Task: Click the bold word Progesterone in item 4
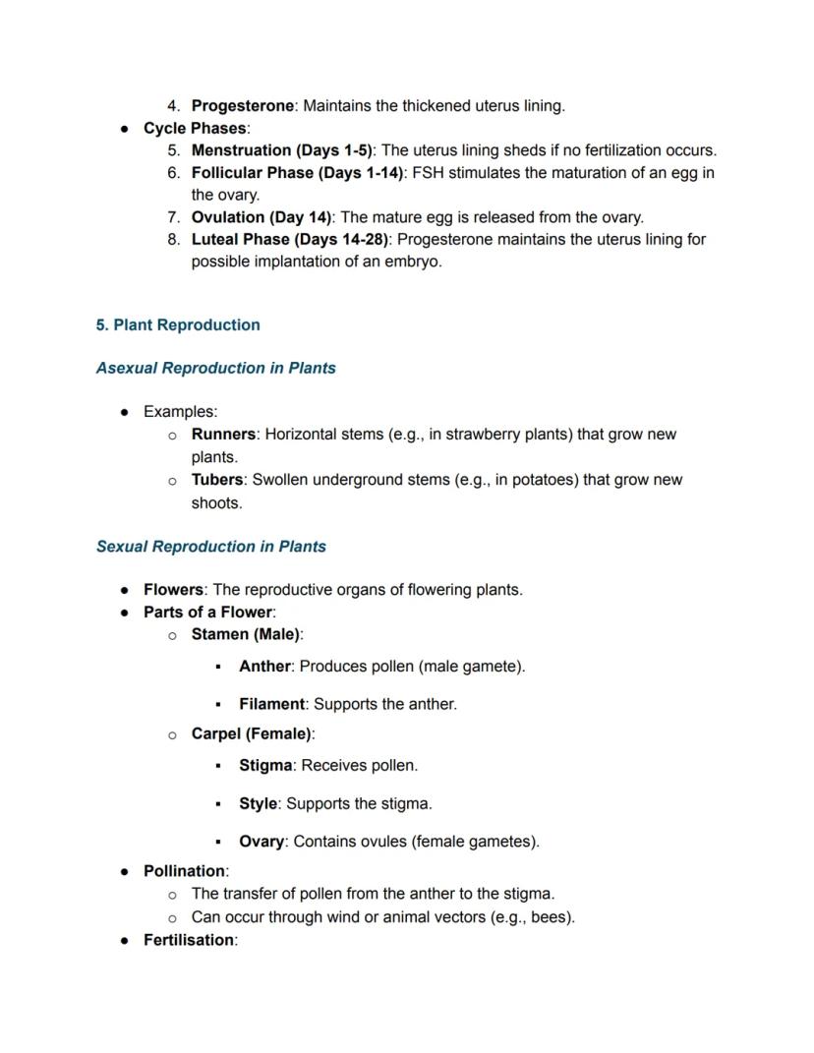[242, 105]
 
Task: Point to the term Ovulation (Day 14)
[262, 216]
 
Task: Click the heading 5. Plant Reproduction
[178, 324]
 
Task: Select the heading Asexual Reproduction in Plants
[216, 368]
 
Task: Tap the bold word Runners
[223, 434]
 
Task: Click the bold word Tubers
[216, 480]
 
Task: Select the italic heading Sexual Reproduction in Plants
[211, 546]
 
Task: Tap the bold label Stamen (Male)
[246, 634]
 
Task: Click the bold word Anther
[264, 666]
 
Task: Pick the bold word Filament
[271, 704]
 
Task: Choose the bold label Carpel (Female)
[252, 733]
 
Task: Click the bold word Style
[258, 803]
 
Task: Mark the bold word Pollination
[184, 871]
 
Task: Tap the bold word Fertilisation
[189, 940]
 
